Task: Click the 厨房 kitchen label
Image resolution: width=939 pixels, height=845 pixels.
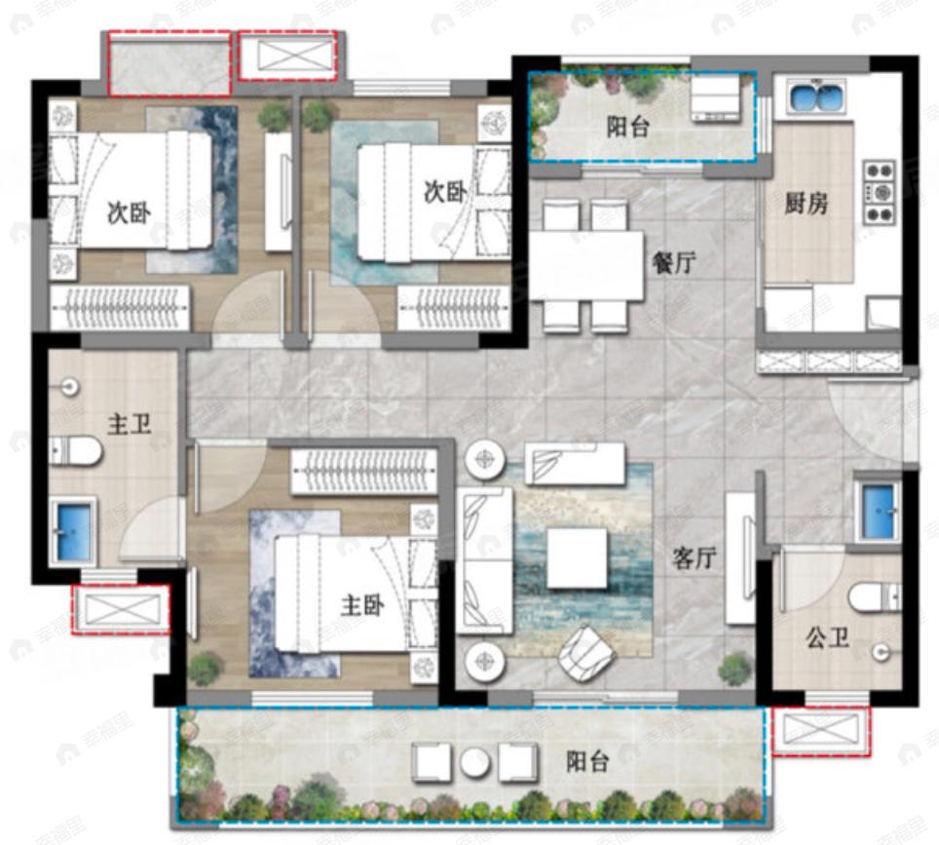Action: pyautogui.click(x=806, y=204)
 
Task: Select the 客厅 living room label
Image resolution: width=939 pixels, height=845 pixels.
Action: pyautogui.click(x=695, y=557)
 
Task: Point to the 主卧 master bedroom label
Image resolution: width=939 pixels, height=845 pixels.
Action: pyautogui.click(x=361, y=605)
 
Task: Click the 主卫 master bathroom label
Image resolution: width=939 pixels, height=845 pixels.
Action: pyautogui.click(x=129, y=425)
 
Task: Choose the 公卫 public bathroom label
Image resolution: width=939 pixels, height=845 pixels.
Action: pyautogui.click(x=827, y=639)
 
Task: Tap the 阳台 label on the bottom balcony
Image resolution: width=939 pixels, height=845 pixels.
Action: pyautogui.click(x=587, y=761)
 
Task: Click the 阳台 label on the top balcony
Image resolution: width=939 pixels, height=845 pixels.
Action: pyautogui.click(x=627, y=127)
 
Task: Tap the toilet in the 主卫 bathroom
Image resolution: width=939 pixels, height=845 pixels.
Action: pyautogui.click(x=78, y=451)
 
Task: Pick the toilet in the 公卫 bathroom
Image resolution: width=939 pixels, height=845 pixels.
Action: pyautogui.click(x=874, y=596)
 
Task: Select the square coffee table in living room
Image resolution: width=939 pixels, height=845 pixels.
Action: pyautogui.click(x=577, y=558)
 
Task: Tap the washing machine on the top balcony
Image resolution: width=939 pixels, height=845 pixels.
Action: pyautogui.click(x=716, y=99)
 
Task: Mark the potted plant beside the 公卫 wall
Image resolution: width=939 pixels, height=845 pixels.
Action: pyautogui.click(x=735, y=668)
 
